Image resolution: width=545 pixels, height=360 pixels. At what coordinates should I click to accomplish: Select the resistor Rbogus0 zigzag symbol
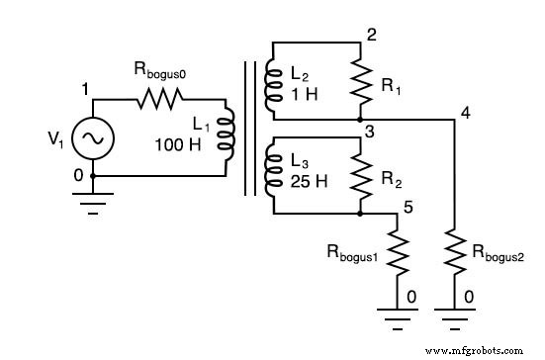158,98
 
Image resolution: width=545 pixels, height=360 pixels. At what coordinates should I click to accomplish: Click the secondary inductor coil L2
270,88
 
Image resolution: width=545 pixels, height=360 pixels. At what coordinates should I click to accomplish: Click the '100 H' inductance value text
178,145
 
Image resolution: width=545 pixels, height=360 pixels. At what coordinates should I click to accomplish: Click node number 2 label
371,36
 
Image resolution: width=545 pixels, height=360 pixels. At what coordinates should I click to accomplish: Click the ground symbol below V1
92,200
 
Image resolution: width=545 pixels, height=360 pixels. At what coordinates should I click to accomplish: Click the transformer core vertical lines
245,129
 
